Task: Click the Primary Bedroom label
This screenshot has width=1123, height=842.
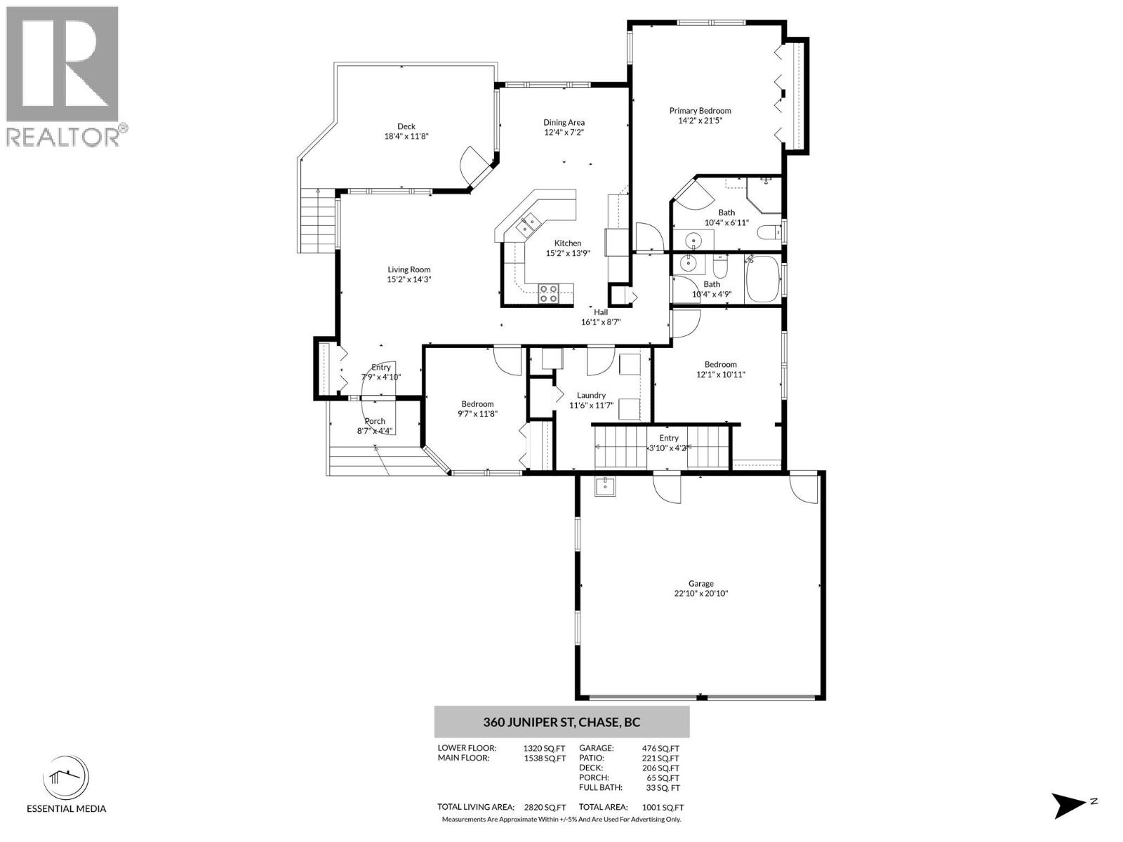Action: [700, 110]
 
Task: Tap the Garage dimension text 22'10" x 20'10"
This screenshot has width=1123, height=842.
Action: [700, 594]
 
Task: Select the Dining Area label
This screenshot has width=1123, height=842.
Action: [564, 123]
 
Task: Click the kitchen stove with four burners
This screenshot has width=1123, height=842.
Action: [548, 293]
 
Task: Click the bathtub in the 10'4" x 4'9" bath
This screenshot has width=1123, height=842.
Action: [762, 280]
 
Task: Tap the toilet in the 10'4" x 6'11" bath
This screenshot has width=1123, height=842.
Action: [769, 233]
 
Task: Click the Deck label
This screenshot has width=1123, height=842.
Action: [406, 126]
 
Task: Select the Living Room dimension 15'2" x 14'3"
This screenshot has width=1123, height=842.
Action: [408, 280]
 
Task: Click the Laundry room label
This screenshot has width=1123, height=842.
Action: [591, 395]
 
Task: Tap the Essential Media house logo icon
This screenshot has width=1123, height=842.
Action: [66, 780]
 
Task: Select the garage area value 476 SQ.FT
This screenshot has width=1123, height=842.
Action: [660, 749]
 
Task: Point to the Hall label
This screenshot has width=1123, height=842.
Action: [601, 312]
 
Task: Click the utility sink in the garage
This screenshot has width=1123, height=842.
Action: [605, 486]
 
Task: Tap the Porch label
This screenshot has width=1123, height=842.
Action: [375, 421]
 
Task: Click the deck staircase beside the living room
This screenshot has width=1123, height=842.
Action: [317, 220]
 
